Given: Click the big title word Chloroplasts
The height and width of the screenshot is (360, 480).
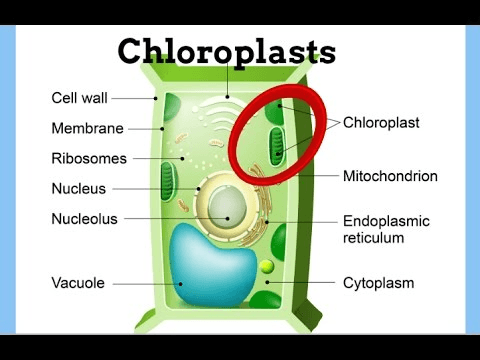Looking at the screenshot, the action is [x=227, y=52].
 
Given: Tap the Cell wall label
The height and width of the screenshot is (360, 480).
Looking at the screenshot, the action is [x=79, y=98].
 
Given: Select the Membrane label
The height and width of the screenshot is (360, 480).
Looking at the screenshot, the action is [x=87, y=128].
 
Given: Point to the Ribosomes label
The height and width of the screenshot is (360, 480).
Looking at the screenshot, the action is [x=89, y=158].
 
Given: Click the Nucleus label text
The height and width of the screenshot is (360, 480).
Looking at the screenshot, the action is [x=79, y=189].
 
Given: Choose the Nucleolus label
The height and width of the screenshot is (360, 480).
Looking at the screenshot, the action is [x=84, y=219].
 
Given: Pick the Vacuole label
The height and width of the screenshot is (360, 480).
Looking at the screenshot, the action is [x=78, y=283].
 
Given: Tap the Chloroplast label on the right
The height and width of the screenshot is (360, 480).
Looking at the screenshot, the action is [x=381, y=123].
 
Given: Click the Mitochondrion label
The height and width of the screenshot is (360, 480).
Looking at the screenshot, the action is [x=390, y=176].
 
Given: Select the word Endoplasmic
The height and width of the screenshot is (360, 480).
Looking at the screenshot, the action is [x=386, y=221].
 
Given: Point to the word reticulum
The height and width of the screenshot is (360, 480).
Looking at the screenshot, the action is [x=374, y=238].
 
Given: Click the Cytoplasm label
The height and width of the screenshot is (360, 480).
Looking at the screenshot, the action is [x=379, y=283].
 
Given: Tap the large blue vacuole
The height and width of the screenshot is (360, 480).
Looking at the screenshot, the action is [x=212, y=266].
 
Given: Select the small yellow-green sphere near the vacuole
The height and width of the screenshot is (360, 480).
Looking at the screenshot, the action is [x=267, y=266].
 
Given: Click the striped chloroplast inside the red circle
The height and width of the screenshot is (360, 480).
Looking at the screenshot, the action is [x=277, y=146].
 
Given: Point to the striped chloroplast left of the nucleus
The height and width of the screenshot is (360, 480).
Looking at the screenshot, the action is [x=168, y=181].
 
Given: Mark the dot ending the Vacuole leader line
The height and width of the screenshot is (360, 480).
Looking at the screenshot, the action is [x=181, y=284].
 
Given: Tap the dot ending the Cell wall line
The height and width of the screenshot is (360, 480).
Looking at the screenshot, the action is [x=155, y=98].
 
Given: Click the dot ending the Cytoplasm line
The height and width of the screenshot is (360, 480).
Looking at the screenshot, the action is [x=267, y=282].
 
